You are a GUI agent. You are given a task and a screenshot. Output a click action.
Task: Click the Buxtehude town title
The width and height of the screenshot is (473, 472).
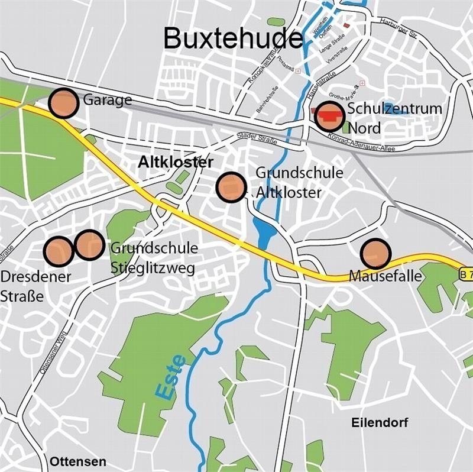(x=232, y=38)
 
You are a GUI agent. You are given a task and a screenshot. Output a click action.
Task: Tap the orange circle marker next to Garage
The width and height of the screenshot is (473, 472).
(x=63, y=104)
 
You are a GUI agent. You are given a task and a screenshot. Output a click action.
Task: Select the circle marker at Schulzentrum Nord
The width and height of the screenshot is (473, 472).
(x=329, y=117)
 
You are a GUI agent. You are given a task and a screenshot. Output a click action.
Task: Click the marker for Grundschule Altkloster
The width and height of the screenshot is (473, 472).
(x=231, y=187)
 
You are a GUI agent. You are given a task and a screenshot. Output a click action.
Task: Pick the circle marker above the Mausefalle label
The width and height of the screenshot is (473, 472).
(x=376, y=254)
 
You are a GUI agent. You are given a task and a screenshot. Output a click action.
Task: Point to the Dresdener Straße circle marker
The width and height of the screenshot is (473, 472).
(x=59, y=251)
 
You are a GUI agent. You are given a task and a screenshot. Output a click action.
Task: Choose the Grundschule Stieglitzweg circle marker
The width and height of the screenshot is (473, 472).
(x=90, y=244)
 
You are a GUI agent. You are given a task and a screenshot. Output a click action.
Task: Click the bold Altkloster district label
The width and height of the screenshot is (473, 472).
(x=175, y=161)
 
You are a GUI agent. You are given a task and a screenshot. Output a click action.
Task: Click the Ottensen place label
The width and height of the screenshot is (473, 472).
(x=78, y=461)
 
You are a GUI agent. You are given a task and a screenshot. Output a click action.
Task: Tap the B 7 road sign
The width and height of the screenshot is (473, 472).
(x=466, y=274)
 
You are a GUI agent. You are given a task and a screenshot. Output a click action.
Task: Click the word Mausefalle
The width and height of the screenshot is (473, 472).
(x=377, y=276)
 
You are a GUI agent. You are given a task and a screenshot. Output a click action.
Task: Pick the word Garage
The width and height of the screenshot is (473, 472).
(x=107, y=100)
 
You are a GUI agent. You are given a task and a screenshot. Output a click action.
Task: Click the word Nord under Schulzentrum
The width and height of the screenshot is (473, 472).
(x=364, y=128)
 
